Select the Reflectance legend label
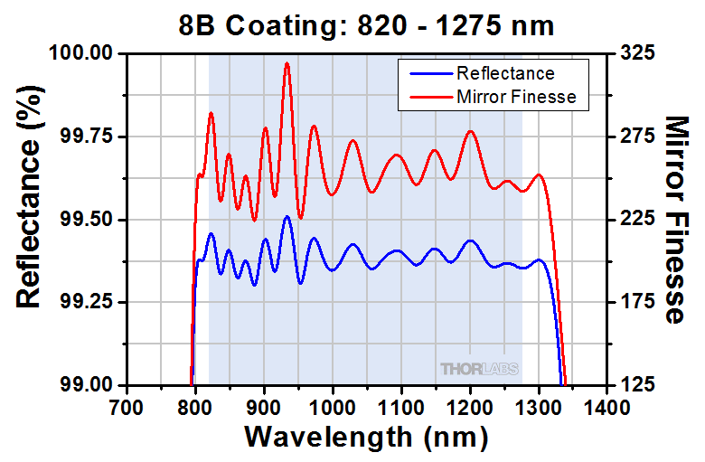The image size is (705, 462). point(505,73)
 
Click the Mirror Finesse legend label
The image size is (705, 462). point(516,96)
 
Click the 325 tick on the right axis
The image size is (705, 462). point(638,53)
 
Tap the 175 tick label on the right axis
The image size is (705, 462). point(638,302)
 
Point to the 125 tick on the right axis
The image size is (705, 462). point(638,384)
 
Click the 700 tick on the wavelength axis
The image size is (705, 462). point(126,406)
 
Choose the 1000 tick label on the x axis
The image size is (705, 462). point(334,406)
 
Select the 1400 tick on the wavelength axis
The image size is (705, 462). point(609,406)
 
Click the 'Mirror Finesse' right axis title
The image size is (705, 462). point(677,219)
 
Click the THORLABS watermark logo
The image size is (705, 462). point(479,368)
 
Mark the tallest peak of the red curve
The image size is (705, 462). point(287,63)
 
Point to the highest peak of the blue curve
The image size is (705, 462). point(287,217)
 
